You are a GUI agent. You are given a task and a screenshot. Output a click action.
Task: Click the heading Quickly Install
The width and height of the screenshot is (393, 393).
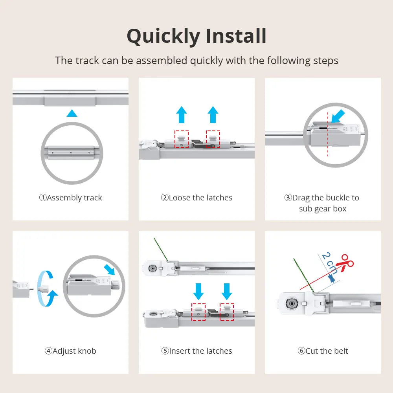[x=196, y=36]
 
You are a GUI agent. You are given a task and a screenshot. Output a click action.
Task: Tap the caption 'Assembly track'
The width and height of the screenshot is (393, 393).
[x=70, y=198]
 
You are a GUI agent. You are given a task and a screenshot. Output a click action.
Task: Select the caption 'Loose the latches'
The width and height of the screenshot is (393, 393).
[x=196, y=198]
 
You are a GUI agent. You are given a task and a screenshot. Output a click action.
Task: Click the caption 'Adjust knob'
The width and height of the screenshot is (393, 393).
[x=70, y=351]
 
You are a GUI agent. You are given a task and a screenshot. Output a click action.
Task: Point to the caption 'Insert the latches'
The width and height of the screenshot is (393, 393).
[x=196, y=351]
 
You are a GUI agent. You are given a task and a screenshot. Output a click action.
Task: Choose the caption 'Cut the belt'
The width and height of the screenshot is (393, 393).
[x=323, y=351]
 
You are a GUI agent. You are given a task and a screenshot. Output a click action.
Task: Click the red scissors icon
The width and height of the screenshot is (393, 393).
[x=346, y=263]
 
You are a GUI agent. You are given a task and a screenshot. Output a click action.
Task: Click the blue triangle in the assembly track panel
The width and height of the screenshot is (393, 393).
[x=72, y=114]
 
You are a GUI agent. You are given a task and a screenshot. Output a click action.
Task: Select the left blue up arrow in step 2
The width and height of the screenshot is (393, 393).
[x=181, y=114]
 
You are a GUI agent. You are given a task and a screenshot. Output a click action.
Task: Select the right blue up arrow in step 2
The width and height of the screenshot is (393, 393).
[x=213, y=114]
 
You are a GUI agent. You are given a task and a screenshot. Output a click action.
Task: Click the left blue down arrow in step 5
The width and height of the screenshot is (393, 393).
[x=198, y=291]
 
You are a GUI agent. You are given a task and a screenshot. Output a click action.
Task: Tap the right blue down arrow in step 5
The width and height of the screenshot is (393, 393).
[x=226, y=291]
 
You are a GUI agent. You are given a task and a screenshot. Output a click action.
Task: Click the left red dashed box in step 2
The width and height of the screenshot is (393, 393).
[x=182, y=139]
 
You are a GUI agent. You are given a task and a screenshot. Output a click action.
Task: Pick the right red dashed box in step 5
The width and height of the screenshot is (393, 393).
[x=227, y=312]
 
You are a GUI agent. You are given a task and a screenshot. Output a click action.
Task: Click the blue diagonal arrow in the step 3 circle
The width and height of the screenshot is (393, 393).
[x=337, y=117]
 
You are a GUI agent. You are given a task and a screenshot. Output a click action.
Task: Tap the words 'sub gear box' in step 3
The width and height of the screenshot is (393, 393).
[x=323, y=209]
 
